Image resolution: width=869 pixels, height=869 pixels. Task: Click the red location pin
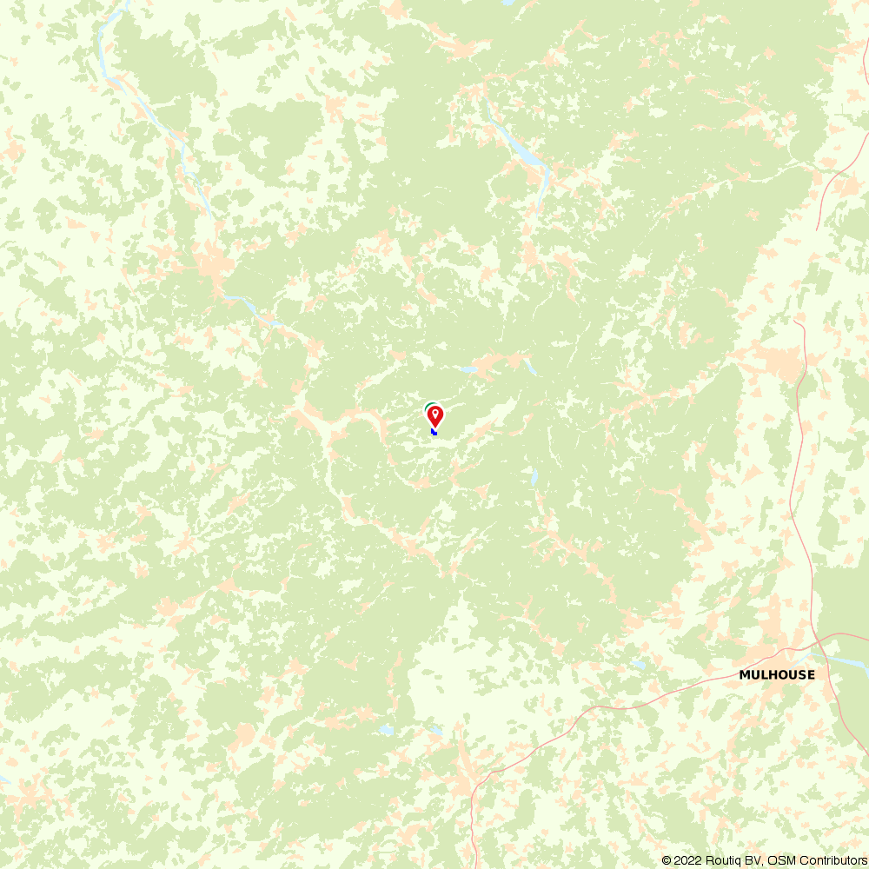(435, 415)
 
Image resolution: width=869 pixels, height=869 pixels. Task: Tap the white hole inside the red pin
(435, 412)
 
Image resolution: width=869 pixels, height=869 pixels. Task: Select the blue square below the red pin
(434, 431)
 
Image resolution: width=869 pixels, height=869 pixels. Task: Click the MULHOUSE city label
(777, 674)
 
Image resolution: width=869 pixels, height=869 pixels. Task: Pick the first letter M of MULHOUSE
(744, 674)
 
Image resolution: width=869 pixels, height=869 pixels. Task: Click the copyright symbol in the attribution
(667, 860)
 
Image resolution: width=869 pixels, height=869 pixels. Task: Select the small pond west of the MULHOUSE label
(640, 665)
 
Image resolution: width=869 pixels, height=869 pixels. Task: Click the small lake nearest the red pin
(470, 369)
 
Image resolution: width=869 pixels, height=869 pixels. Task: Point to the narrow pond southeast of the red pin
(534, 477)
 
